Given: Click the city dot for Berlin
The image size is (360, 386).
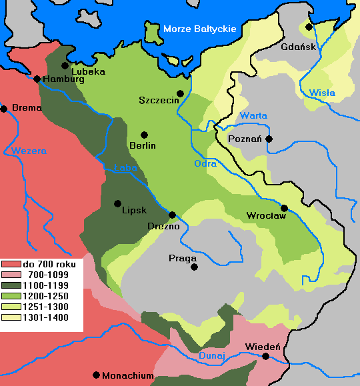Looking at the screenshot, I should pyautogui.click(x=144, y=135).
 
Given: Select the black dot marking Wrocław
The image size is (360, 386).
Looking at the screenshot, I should pyautogui.click(x=284, y=208).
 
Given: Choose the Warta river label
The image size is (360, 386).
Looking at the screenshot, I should pyautogui.click(x=253, y=115).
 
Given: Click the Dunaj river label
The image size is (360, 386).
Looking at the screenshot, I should pyautogui.click(x=213, y=355).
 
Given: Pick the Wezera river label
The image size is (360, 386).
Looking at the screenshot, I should pyautogui.click(x=29, y=151).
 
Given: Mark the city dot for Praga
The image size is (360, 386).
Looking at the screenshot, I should pyautogui.click(x=194, y=267).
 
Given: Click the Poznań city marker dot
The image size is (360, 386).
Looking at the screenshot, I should pyautogui.click(x=269, y=139).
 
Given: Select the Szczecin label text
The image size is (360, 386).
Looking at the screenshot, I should pyautogui.click(x=157, y=100).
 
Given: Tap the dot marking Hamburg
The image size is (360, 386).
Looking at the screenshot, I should pyautogui.click(x=37, y=79).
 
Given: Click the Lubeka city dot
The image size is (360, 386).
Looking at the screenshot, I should pyautogui.click(x=65, y=65).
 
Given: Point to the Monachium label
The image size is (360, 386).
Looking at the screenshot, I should pyautogui.click(x=128, y=376).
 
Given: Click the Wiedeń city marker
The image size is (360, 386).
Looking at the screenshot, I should pyautogui.click(x=266, y=357).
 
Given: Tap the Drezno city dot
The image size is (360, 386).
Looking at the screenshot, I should pyautogui.click(x=173, y=215).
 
